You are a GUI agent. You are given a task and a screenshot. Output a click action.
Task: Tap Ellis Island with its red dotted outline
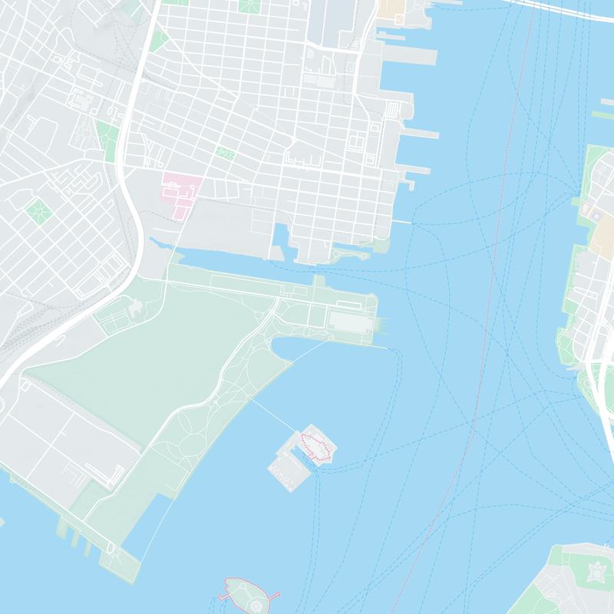[x=315, y=445]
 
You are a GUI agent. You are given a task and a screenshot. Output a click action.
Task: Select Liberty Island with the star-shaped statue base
[x=247, y=592]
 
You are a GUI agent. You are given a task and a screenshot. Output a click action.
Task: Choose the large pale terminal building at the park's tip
[x=352, y=321]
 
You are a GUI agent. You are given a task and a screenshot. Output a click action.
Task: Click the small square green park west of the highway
[x=37, y=208]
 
